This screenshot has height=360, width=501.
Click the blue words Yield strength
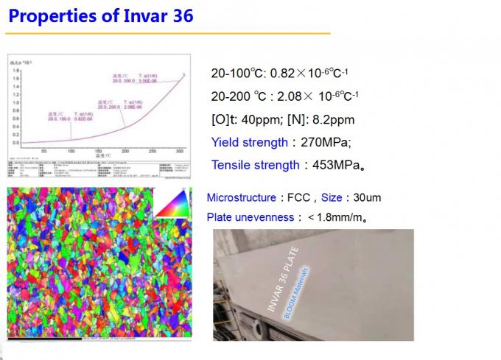coord(249,143)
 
